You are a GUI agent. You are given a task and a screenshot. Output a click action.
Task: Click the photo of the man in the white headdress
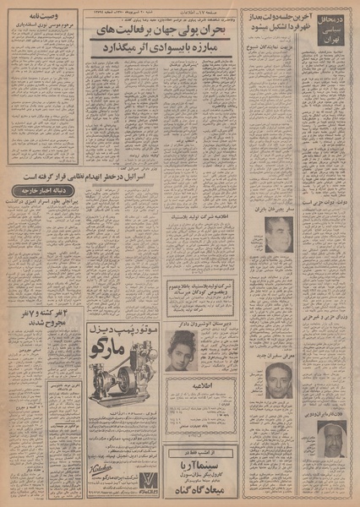tap(334, 436)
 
